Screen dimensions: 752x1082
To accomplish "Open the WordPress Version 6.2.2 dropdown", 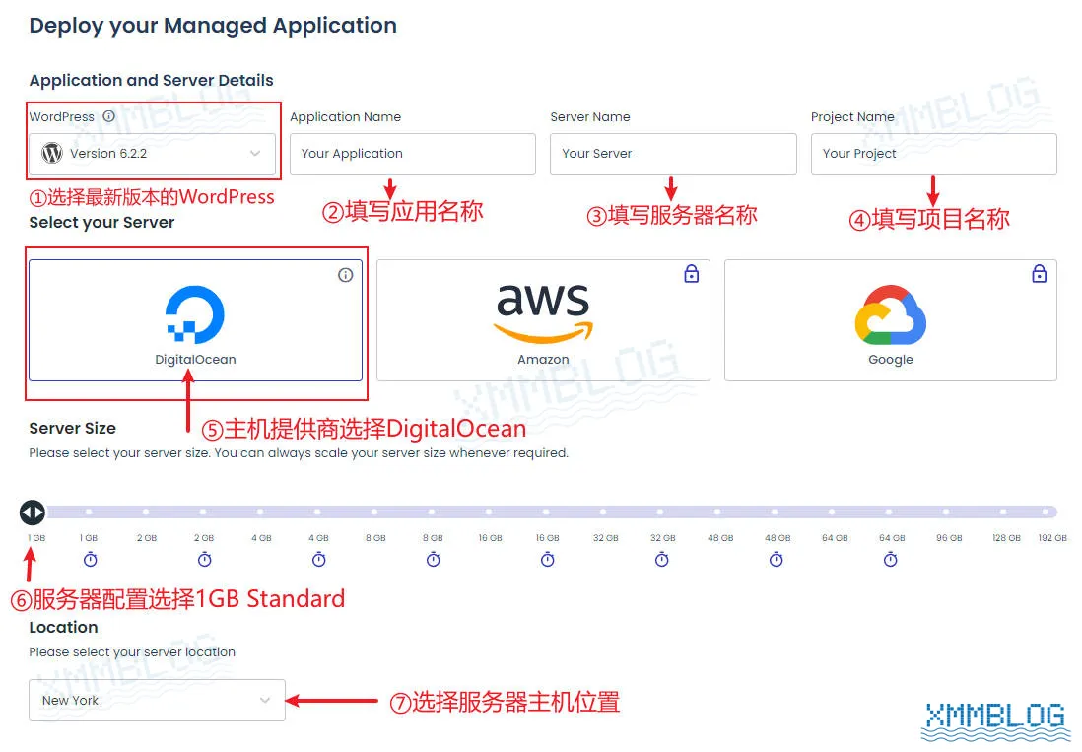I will coord(152,154).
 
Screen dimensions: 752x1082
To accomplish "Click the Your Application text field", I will coord(412,154).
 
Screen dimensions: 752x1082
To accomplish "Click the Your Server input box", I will coord(672,154).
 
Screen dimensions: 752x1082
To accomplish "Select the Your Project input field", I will coord(933,154).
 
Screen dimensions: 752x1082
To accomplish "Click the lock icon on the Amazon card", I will coord(691,274).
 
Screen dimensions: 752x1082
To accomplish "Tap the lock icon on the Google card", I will coord(1039,274).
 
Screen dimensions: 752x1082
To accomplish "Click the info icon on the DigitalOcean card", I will coord(345,275).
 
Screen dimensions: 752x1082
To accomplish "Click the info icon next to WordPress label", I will coord(108,116).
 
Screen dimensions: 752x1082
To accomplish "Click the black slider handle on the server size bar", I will coord(32,513).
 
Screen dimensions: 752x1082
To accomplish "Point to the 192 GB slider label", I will coord(1052,538).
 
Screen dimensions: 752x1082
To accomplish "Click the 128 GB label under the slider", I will coord(1006,538).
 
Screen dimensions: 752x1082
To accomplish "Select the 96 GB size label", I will coord(949,538).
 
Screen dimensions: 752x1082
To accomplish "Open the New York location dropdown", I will coord(157,700).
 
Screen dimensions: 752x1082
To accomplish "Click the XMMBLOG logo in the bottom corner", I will coord(995,720).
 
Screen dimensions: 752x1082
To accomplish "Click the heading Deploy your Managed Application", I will coord(213,26).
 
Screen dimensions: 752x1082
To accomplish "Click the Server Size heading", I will coord(72,428).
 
